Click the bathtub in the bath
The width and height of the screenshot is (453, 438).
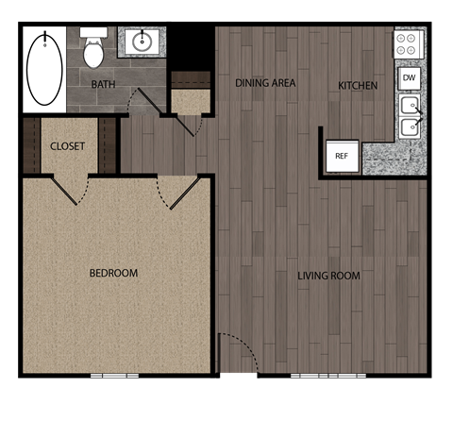click(x=44, y=69)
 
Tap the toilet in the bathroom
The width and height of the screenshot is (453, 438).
click(x=93, y=50)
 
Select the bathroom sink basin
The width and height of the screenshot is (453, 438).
click(x=143, y=42)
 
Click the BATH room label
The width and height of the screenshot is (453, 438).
click(x=103, y=85)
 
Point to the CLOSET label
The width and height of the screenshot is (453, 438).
click(x=67, y=146)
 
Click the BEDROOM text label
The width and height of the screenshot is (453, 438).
click(x=113, y=274)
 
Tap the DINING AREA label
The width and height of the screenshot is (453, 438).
click(x=265, y=83)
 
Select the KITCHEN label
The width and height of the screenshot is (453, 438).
click(x=358, y=86)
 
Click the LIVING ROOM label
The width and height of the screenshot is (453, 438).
click(x=328, y=277)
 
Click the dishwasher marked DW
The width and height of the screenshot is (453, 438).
click(x=409, y=77)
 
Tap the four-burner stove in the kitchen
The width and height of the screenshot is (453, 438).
click(x=408, y=43)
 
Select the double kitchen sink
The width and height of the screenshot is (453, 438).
click(x=410, y=116)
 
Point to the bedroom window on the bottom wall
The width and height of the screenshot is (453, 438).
click(x=114, y=376)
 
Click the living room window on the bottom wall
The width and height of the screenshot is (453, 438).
click(x=327, y=376)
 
